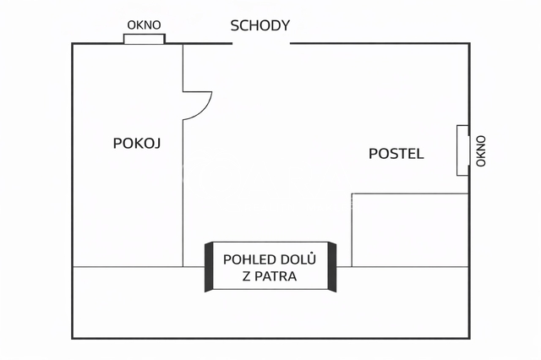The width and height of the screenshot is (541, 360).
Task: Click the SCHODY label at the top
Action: [x=260, y=25]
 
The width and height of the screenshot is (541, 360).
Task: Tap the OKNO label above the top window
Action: [x=144, y=25]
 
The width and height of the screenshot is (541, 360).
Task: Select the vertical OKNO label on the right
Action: [x=481, y=150]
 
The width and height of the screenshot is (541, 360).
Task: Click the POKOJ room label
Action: [x=136, y=144]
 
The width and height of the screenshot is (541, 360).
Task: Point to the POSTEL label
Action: [x=396, y=154]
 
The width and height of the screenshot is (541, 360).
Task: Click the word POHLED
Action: [x=245, y=259]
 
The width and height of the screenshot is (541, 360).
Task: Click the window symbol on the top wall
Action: [x=144, y=39]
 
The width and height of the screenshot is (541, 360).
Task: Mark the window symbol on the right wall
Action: [x=462, y=150]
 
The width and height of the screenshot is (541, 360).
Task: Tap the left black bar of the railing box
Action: [x=208, y=267]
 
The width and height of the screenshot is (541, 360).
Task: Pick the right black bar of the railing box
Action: [x=332, y=267]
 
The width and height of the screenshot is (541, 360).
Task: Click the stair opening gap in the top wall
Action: [x=261, y=43]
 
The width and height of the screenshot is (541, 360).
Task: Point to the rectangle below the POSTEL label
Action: [x=409, y=230]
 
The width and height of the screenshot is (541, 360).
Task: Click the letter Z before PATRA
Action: [x=247, y=275]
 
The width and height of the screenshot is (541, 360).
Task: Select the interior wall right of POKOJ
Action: [x=183, y=194]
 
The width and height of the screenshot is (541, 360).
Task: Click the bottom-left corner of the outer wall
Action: [x=73, y=337]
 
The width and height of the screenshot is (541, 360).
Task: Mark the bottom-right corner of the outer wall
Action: [x=469, y=337]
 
